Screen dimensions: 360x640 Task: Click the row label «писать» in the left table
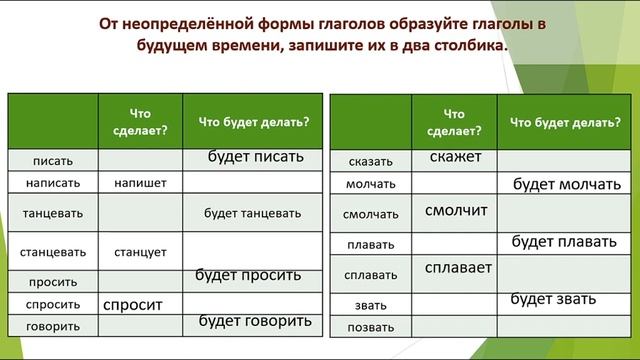pyautogui.click(x=51, y=161)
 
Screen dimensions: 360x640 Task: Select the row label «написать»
pyautogui.click(x=51, y=184)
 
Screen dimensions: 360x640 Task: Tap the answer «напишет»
pyautogui.click(x=140, y=184)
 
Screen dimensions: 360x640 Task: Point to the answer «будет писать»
pyautogui.click(x=255, y=157)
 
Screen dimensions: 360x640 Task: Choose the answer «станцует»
pyautogui.click(x=140, y=251)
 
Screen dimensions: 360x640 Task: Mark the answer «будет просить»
pyautogui.click(x=248, y=275)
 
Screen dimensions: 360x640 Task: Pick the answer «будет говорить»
pyautogui.click(x=255, y=321)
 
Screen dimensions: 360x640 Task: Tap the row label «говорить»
pyautogui.click(x=51, y=326)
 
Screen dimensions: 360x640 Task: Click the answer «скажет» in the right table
pyautogui.click(x=455, y=157)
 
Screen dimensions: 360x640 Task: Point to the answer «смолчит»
pyautogui.click(x=455, y=211)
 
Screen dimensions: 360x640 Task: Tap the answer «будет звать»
pyautogui.click(x=554, y=298)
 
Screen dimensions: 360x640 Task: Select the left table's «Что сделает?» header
pyautogui.click(x=140, y=121)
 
